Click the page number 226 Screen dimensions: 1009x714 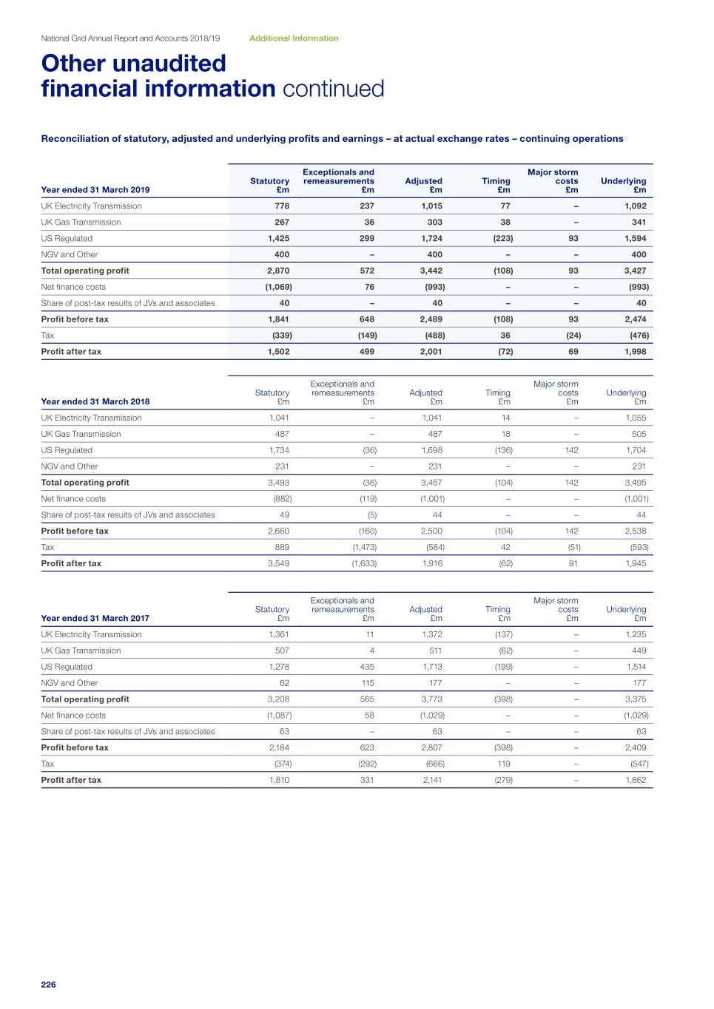tap(48, 985)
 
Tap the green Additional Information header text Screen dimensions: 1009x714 tap(294, 38)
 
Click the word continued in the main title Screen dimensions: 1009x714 tap(333, 89)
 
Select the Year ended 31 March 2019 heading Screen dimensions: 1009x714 tap(95, 190)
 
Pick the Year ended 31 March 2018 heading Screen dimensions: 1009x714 tap(95, 402)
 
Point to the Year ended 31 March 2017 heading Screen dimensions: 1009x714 tap(95, 619)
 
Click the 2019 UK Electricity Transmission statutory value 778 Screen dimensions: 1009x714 tap(282, 206)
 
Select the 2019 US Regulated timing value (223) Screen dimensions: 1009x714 tap(503, 239)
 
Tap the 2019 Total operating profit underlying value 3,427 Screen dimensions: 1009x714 tap(635, 271)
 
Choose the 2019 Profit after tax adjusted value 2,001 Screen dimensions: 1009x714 tap(431, 352)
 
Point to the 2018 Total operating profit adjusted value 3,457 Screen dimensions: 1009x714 tap(431, 483)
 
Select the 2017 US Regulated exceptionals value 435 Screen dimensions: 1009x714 tap(366, 667)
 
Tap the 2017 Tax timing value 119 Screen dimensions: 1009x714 tap(503, 764)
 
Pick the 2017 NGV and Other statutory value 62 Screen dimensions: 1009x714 tap(284, 683)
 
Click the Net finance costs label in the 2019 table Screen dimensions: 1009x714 tap(73, 287)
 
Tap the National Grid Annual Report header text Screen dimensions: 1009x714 tap(130, 38)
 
